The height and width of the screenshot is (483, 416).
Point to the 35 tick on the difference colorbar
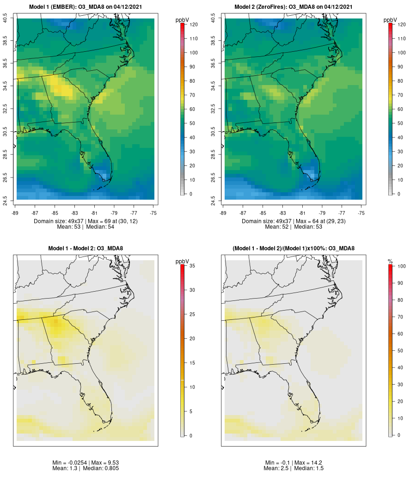pyautogui.click(x=192, y=266)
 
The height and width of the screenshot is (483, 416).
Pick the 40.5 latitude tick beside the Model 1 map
pyautogui.click(x=5, y=18)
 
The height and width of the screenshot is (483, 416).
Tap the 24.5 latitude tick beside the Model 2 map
pyautogui.click(x=213, y=199)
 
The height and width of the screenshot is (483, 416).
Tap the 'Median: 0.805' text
pyautogui.click(x=101, y=468)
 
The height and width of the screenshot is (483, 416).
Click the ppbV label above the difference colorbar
pyautogui.click(x=183, y=262)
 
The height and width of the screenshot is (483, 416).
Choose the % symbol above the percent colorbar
pyautogui.click(x=390, y=262)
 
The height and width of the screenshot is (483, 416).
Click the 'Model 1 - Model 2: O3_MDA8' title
pyautogui.click(x=86, y=249)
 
